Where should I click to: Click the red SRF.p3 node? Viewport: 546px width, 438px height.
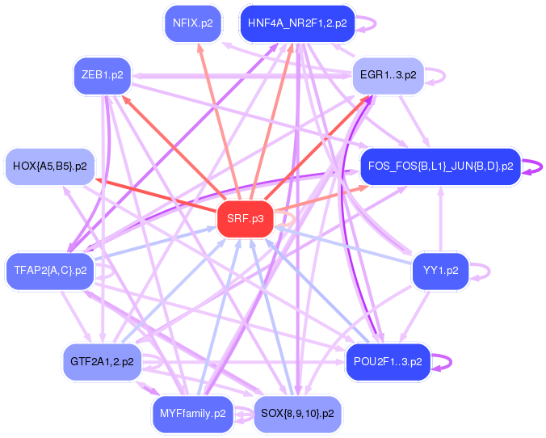point(246,219)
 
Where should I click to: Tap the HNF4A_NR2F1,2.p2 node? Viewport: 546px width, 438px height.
point(297,23)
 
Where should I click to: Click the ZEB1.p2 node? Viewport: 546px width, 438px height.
point(103,75)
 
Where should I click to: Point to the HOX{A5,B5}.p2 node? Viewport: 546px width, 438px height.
point(50,166)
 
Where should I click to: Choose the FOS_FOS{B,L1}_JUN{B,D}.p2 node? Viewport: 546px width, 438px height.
point(440,166)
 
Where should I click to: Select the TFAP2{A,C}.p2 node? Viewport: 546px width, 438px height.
point(50,270)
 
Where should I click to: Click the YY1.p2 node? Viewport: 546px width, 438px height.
point(440,270)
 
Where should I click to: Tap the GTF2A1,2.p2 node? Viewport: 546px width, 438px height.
point(103,361)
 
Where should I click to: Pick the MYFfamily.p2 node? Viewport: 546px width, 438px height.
point(192,414)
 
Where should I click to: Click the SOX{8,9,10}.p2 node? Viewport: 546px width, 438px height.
point(298,414)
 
